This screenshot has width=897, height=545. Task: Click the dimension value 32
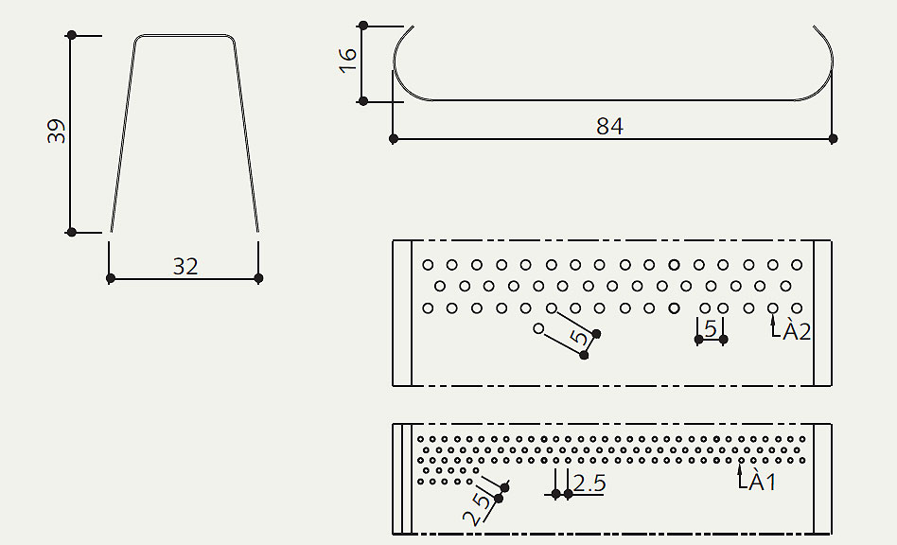coord(185,267)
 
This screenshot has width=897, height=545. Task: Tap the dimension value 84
coord(610,126)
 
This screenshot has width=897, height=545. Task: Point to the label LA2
coord(791,332)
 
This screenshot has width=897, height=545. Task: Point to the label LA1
coord(757,482)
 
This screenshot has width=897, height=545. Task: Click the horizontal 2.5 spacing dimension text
coord(589,483)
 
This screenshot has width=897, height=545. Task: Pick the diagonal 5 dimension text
coord(580,338)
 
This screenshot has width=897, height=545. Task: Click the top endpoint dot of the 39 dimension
coord(71,35)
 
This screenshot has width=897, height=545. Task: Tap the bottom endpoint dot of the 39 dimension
coord(71,232)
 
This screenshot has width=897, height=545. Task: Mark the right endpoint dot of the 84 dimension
coord(833,139)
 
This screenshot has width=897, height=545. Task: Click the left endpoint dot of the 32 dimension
coord(111,278)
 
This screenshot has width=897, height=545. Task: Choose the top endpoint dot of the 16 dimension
coord(362,26)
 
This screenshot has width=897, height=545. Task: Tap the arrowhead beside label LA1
coord(740,467)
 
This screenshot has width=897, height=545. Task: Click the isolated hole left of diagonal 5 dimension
coord(538,329)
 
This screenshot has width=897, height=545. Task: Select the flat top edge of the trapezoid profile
coord(185,37)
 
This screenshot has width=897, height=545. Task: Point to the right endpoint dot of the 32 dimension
coord(259,278)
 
